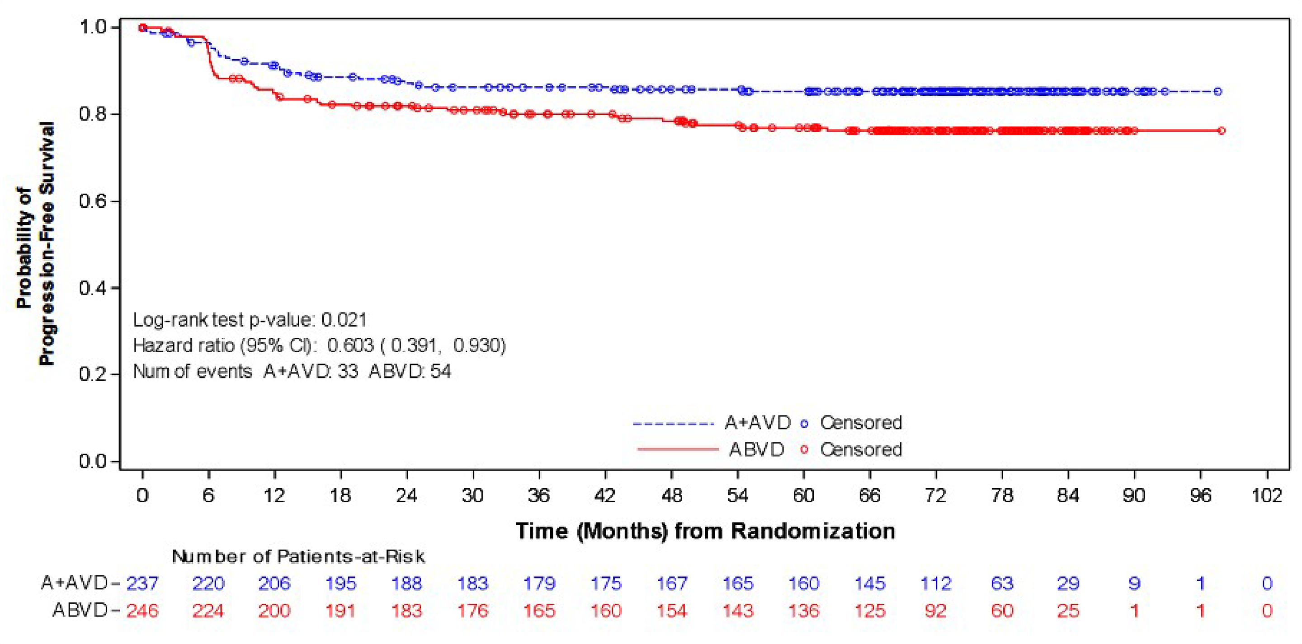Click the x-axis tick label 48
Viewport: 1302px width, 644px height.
(672, 495)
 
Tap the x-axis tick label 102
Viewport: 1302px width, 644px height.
(1267, 495)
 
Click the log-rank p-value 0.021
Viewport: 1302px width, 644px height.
(344, 320)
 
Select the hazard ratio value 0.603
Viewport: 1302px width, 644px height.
(350, 345)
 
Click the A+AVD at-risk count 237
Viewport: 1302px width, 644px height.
(142, 583)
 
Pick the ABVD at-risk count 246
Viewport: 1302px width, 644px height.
(142, 611)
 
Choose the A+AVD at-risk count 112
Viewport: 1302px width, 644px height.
(935, 583)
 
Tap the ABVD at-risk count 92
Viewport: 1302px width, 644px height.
(935, 611)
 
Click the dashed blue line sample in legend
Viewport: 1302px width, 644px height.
(673, 423)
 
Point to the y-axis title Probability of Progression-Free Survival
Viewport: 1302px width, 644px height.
(35, 243)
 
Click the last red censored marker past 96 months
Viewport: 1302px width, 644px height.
(1222, 131)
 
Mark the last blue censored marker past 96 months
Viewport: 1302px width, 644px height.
(1218, 91)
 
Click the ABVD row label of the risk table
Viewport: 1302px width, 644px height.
(80, 611)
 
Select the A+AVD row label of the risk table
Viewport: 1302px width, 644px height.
(74, 583)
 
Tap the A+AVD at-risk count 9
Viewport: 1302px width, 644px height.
(1134, 583)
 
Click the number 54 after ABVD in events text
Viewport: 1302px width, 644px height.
(441, 372)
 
